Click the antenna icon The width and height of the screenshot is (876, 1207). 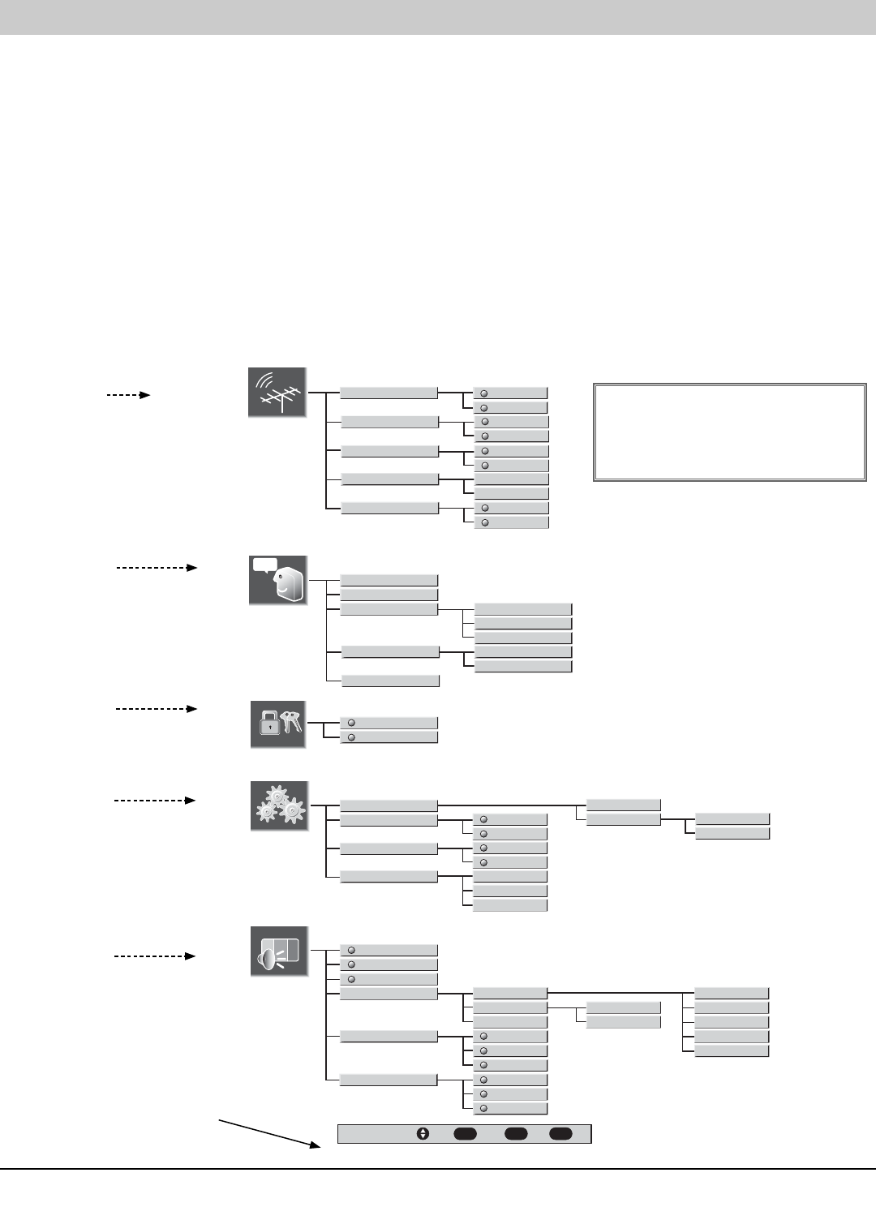coord(277,393)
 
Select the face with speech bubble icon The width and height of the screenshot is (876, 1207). coord(278,580)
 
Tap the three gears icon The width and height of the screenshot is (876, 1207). coord(279,805)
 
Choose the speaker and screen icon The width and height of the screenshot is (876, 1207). coord(279,951)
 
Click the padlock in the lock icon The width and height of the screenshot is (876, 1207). coord(269,725)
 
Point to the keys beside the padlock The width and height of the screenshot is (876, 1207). coord(290,721)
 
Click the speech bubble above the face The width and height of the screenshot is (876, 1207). coord(264,565)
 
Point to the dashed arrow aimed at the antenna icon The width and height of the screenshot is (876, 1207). coord(128,395)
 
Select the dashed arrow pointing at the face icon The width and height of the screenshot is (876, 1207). coord(157,568)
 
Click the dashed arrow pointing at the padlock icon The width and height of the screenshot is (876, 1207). coord(157,709)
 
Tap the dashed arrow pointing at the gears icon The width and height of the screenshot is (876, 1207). coord(155,801)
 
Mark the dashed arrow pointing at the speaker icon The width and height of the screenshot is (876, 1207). coord(155,956)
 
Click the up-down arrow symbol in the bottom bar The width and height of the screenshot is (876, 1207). coord(423,1134)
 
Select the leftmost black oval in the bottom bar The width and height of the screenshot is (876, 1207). coord(465,1134)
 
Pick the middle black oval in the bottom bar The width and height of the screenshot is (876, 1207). coord(516,1134)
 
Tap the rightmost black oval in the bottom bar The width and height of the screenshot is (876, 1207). coord(560,1134)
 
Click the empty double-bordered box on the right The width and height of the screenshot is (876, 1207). coord(730,432)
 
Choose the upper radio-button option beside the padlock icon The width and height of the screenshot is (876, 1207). coord(389,723)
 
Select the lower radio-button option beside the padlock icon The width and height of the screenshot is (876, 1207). coord(389,737)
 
